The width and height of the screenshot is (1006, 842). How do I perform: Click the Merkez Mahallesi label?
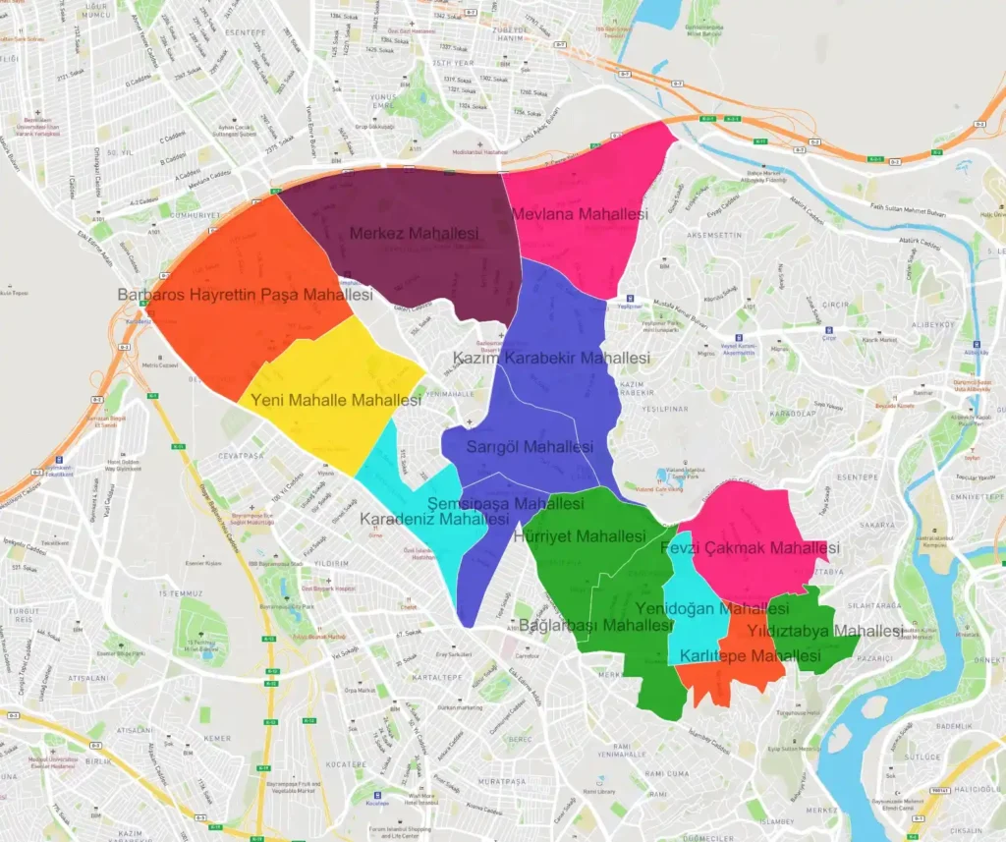[414, 234]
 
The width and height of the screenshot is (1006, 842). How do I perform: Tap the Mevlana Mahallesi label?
[580, 214]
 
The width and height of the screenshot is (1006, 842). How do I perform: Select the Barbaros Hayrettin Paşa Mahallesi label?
[245, 295]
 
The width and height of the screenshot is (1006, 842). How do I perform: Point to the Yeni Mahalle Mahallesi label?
[336, 401]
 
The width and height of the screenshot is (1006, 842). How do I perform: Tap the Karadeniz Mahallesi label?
[420, 519]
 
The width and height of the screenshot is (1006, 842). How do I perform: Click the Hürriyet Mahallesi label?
[581, 536]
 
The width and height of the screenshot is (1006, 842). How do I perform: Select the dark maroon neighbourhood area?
[413, 265]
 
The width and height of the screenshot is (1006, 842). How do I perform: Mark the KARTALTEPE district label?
[437, 678]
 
